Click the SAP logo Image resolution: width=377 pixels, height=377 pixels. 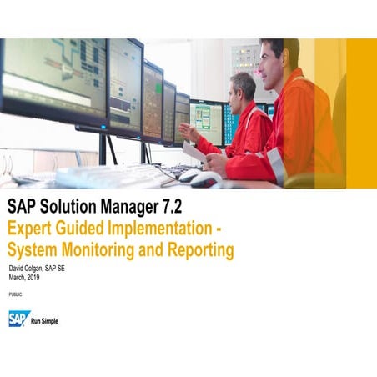pos(18,319)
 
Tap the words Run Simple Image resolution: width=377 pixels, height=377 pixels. pos(45,320)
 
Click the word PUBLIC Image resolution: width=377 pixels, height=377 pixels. pos(15,295)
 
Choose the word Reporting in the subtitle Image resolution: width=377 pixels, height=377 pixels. pos(200,249)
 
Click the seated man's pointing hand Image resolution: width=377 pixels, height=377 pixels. pos(185,131)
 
